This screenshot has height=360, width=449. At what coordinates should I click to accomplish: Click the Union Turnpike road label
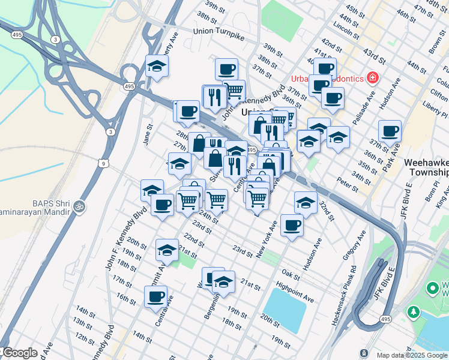click(x=220, y=31)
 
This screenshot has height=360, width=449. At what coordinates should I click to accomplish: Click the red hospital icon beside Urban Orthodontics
click(x=373, y=78)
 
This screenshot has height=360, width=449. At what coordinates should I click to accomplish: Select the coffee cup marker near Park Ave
click(x=390, y=130)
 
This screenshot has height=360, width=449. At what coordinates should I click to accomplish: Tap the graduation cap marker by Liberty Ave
click(x=157, y=66)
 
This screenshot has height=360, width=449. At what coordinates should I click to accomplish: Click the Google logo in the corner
click(x=19, y=353)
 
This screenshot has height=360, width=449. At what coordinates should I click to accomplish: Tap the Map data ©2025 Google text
click(x=412, y=355)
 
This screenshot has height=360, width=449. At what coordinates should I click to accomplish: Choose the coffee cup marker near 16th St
click(x=155, y=296)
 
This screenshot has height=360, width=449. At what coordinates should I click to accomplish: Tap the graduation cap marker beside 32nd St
click(x=306, y=202)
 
